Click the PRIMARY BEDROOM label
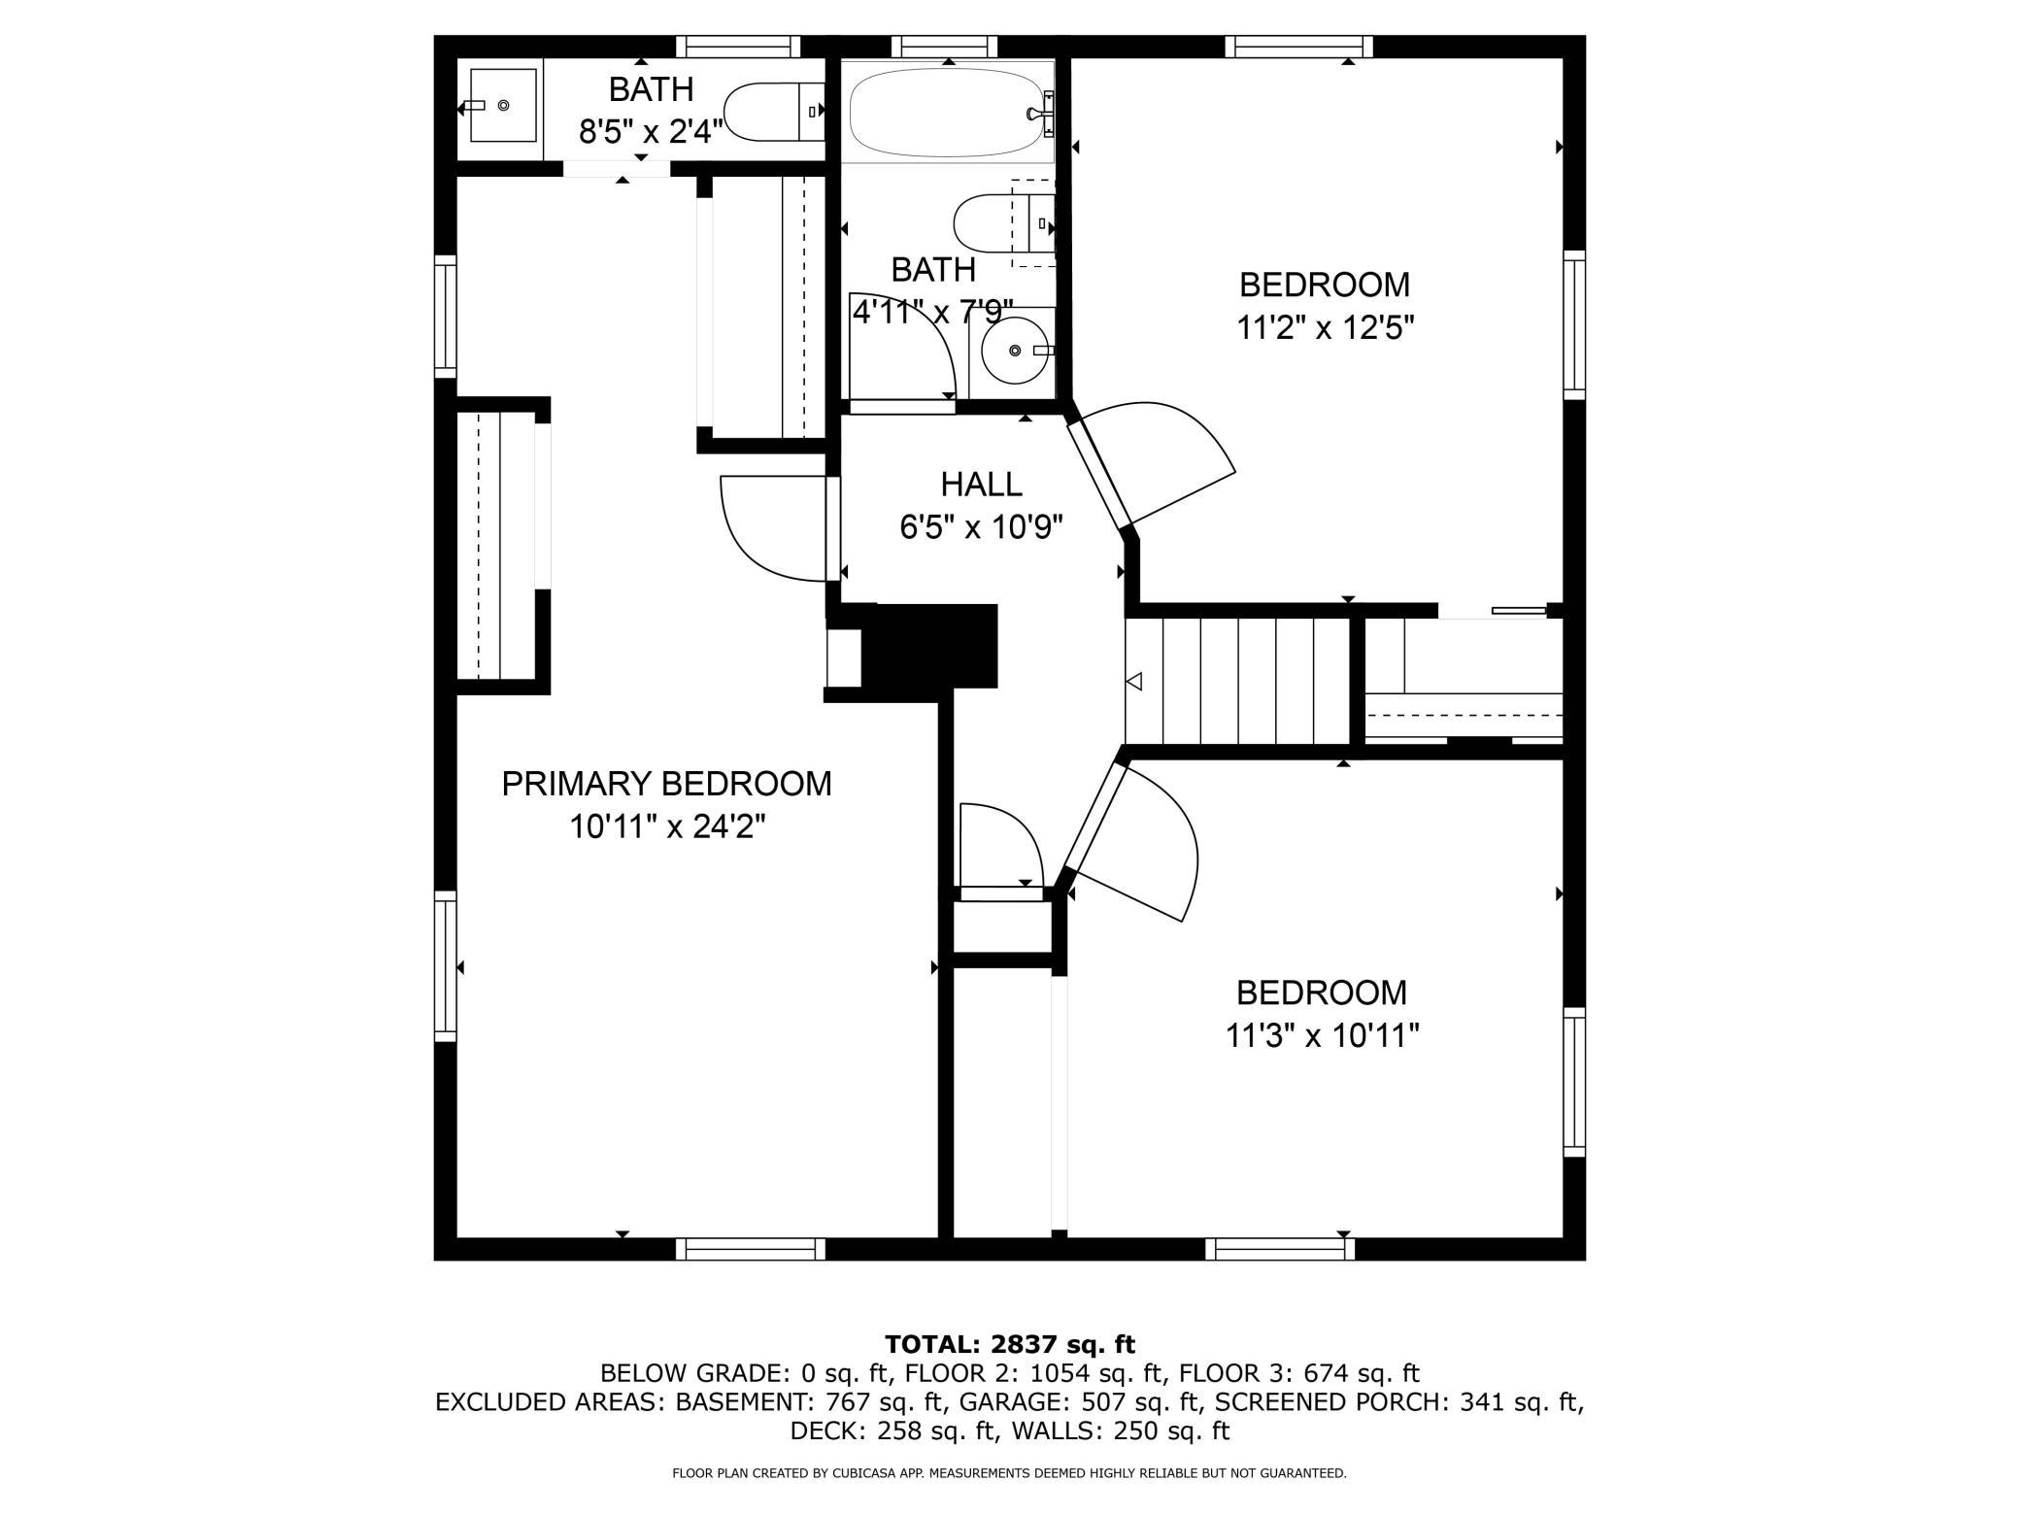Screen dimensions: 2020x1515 point(666,784)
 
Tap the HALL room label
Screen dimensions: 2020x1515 point(981,484)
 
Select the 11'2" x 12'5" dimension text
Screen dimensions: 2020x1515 point(1325,328)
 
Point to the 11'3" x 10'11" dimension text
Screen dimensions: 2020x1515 point(1322,1036)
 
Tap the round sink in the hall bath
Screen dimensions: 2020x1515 point(1016,350)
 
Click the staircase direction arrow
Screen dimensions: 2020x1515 point(1133,682)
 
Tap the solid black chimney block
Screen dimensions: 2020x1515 point(929,646)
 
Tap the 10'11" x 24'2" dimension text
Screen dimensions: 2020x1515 point(667,827)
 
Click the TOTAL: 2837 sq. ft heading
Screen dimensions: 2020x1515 point(1010,1344)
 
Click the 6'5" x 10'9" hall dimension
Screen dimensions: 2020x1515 point(981,527)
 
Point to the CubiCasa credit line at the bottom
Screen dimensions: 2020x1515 point(1010,1473)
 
